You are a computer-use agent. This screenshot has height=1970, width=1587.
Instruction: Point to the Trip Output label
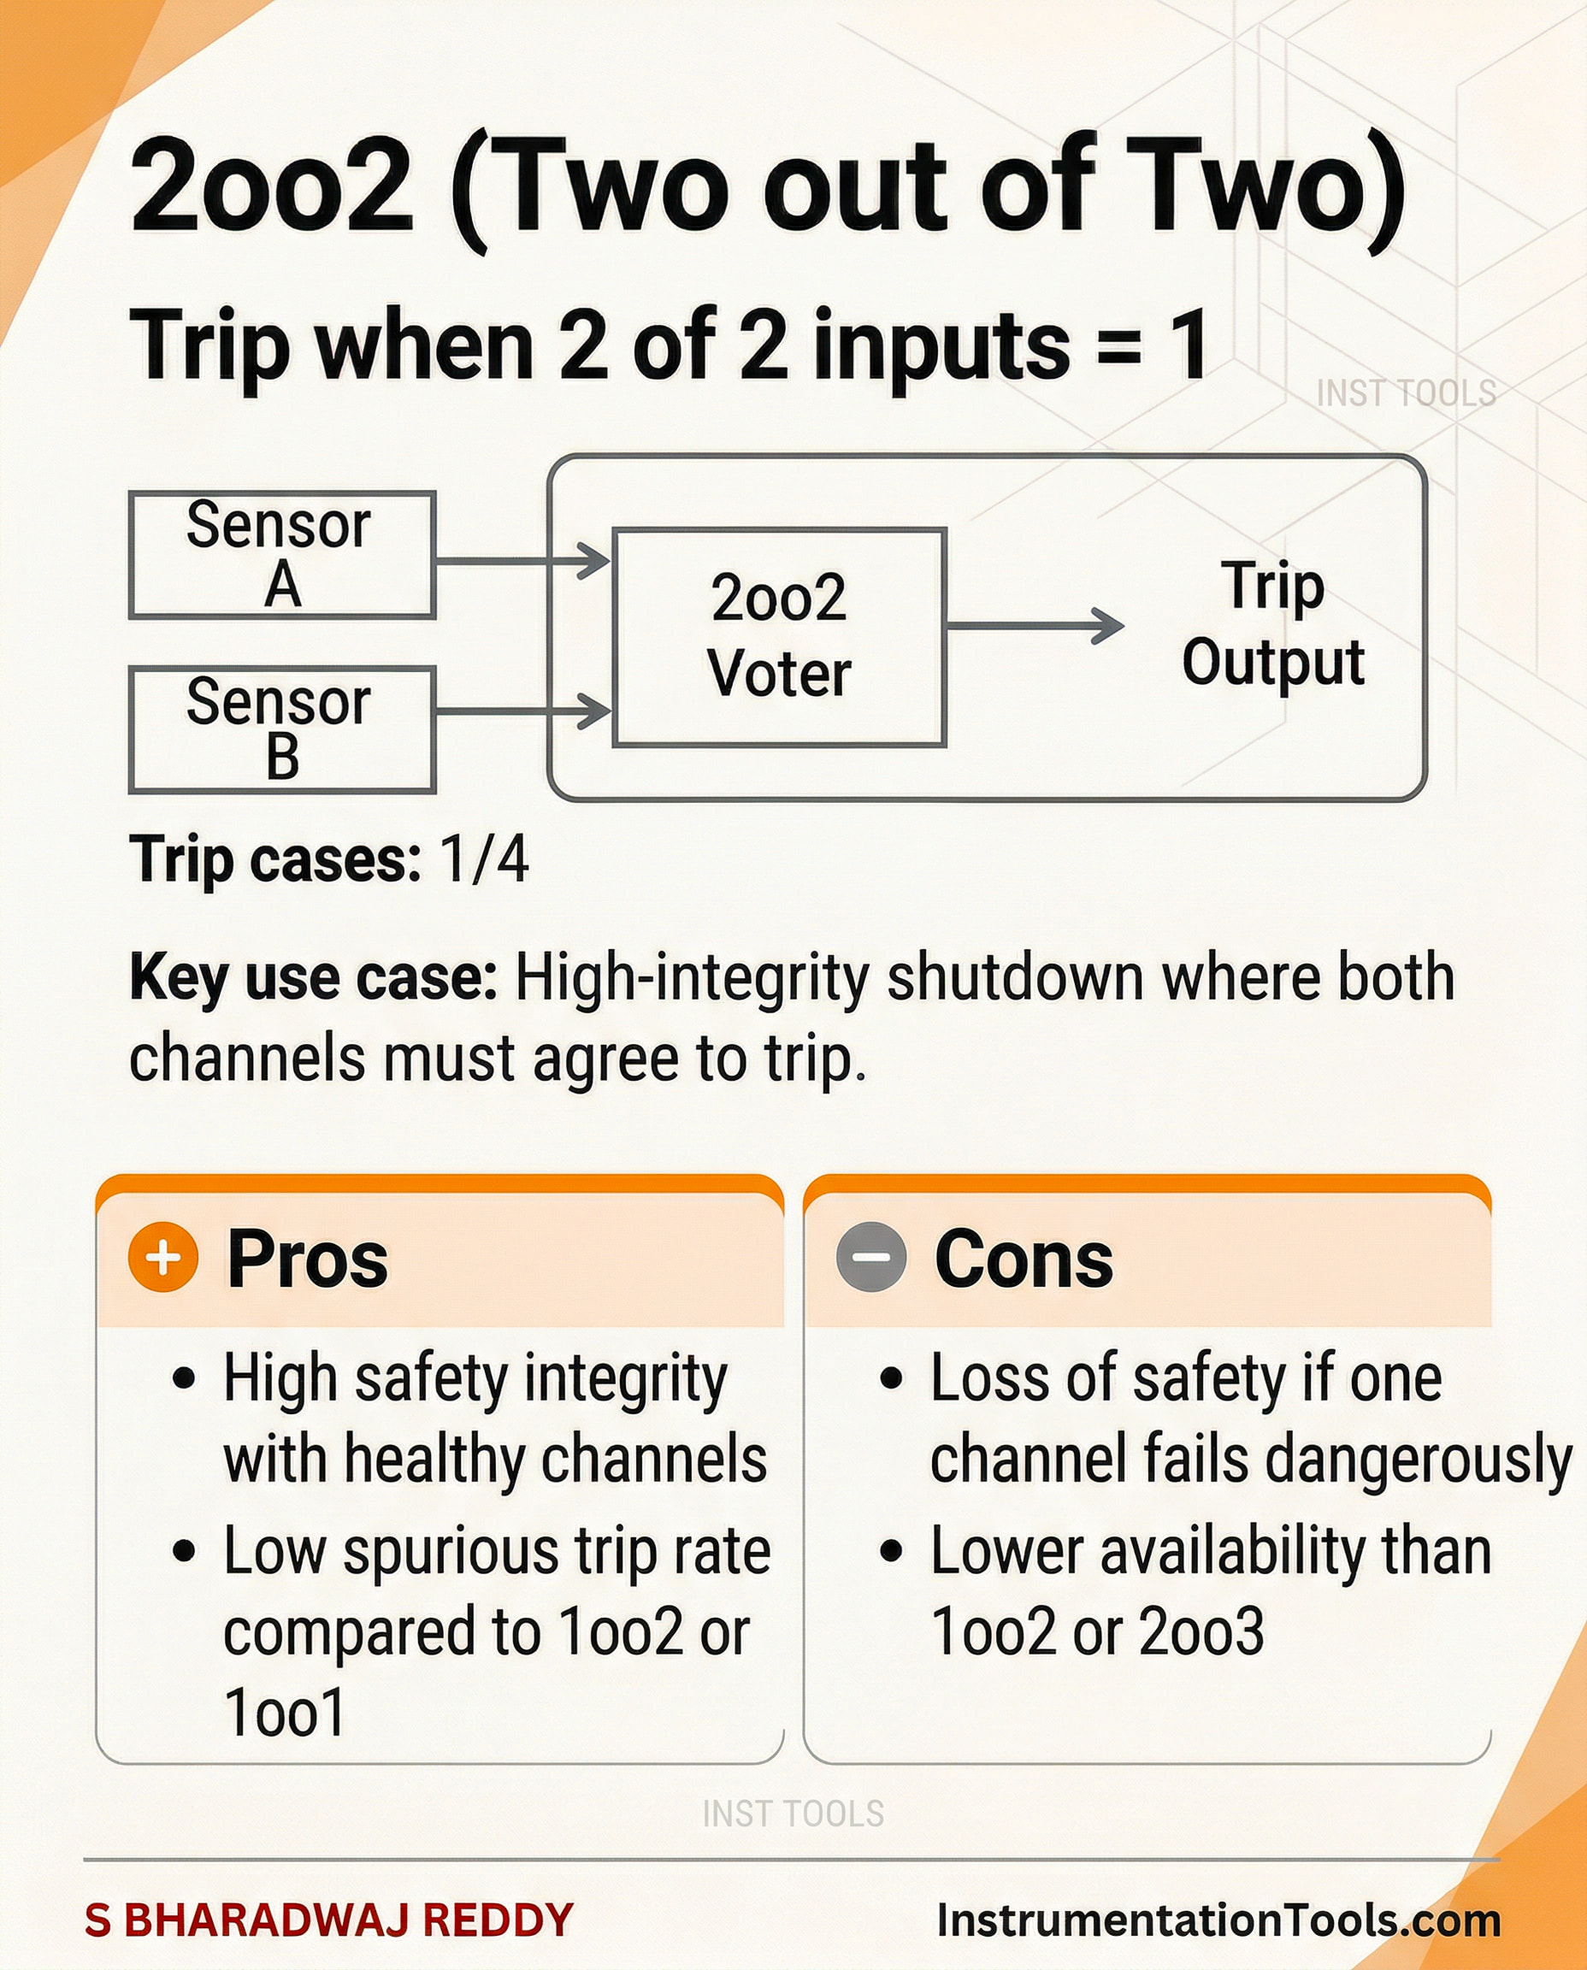(x=1272, y=623)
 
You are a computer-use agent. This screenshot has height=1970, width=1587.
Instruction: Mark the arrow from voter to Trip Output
(x=1035, y=626)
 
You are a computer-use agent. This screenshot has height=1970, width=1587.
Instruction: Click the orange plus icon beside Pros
(x=163, y=1257)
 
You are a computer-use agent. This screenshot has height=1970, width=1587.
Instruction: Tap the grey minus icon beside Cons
(x=871, y=1257)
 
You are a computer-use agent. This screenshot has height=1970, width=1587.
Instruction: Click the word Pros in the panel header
(x=307, y=1259)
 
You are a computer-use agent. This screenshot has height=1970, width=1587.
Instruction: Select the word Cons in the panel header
(x=1024, y=1259)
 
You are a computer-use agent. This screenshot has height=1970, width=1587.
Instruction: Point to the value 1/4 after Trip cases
(x=485, y=859)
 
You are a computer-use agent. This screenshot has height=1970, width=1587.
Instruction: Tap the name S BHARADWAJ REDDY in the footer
(x=329, y=1919)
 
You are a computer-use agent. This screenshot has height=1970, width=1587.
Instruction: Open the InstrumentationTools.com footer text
(x=1218, y=1920)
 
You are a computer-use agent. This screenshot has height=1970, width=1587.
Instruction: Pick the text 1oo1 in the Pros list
(x=284, y=1711)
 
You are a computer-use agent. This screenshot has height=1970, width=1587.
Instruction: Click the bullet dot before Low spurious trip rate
(x=184, y=1551)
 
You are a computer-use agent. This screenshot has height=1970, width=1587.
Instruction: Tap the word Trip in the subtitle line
(x=209, y=346)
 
